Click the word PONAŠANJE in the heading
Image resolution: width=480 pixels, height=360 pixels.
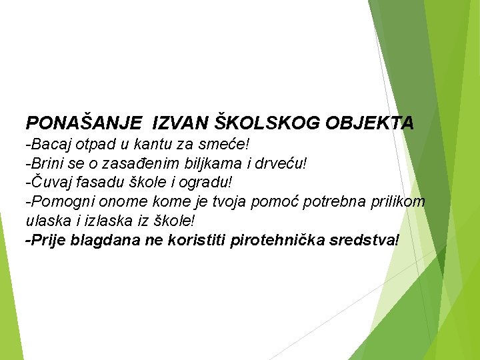(x=83, y=123)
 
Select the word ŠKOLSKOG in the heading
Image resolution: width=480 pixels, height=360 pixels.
(x=269, y=123)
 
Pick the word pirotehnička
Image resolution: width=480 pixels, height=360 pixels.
(x=273, y=240)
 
